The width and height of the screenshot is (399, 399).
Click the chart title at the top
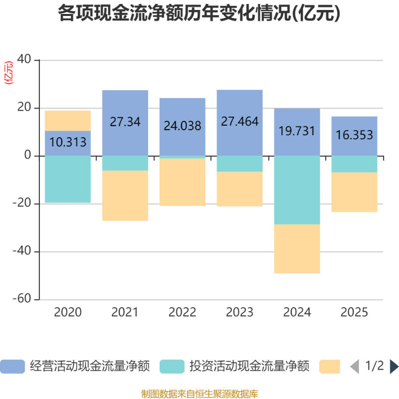(x=199, y=13)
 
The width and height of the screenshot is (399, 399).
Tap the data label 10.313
(x=68, y=142)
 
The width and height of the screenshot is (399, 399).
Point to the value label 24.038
(x=183, y=126)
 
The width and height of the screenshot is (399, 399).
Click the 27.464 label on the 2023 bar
(x=240, y=121)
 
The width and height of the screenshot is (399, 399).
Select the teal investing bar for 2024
(x=297, y=190)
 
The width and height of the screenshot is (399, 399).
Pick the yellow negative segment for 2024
(x=297, y=249)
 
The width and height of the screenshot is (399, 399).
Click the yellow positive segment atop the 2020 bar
(x=68, y=120)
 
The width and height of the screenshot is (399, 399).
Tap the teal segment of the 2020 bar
(x=68, y=180)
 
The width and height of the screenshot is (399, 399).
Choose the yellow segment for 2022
(x=183, y=182)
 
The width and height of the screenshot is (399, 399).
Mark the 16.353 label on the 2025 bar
(x=355, y=136)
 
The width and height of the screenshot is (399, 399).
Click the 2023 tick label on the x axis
(x=240, y=313)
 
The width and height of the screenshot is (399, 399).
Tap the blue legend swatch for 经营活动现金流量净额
(x=12, y=367)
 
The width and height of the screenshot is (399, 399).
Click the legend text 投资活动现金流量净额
(x=249, y=367)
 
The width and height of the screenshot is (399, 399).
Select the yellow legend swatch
(x=330, y=367)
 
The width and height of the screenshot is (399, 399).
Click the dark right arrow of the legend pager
(x=394, y=367)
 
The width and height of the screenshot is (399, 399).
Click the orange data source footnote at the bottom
(x=199, y=394)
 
